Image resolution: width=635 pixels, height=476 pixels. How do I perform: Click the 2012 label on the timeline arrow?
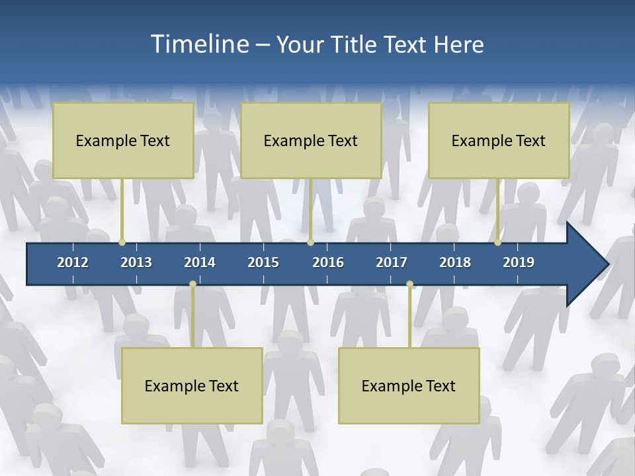[73, 262]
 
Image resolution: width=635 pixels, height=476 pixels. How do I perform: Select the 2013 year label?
[136, 262]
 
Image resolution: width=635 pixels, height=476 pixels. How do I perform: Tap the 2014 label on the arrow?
[200, 262]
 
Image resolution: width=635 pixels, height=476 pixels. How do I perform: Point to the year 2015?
[263, 262]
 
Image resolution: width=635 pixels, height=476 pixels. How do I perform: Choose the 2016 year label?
[328, 262]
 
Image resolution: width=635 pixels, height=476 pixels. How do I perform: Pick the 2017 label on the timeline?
[392, 262]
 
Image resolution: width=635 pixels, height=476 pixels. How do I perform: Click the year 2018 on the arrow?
[455, 262]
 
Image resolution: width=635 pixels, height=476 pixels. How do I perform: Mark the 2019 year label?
[519, 262]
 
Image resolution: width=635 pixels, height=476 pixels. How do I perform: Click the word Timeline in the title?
[198, 44]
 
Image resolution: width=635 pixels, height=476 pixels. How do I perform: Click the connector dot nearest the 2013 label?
[122, 243]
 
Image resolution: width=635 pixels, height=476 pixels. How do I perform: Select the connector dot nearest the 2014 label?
[192, 284]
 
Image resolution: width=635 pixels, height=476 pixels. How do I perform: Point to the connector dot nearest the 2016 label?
[310, 243]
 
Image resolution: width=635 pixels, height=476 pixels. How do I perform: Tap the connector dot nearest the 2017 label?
[409, 284]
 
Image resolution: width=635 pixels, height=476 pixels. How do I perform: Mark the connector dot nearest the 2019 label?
[498, 243]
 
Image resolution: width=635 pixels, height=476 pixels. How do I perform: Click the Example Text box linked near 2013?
[123, 141]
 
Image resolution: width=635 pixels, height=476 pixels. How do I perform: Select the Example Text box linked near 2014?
[192, 386]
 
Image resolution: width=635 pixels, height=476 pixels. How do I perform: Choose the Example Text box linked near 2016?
[311, 141]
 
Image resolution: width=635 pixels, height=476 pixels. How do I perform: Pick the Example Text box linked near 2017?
[409, 386]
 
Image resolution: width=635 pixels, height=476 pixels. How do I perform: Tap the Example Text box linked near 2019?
[499, 141]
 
